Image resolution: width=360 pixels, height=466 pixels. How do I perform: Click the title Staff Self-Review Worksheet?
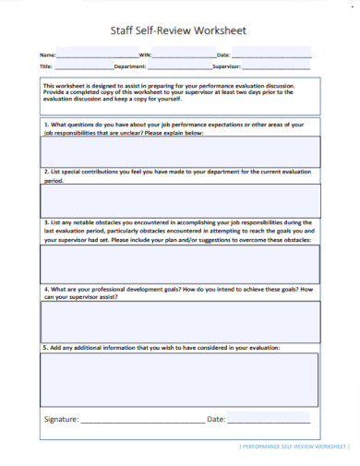pyautogui.click(x=180, y=30)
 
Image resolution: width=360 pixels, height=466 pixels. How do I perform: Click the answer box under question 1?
pyautogui.click(x=180, y=150)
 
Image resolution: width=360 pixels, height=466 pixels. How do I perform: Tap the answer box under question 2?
pyautogui.click(x=180, y=199)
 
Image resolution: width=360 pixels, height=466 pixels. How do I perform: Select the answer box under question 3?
pyautogui.click(x=180, y=264)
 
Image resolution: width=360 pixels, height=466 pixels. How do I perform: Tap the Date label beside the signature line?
pyautogui.click(x=216, y=419)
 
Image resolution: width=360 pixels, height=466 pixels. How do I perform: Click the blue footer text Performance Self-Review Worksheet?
pyautogui.click(x=294, y=447)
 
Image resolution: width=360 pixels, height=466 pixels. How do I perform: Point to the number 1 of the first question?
pyautogui.click(x=45, y=122)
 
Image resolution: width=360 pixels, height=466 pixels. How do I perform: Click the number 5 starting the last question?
pyautogui.click(x=45, y=348)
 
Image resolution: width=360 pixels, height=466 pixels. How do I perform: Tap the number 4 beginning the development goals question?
pyautogui.click(x=45, y=289)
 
